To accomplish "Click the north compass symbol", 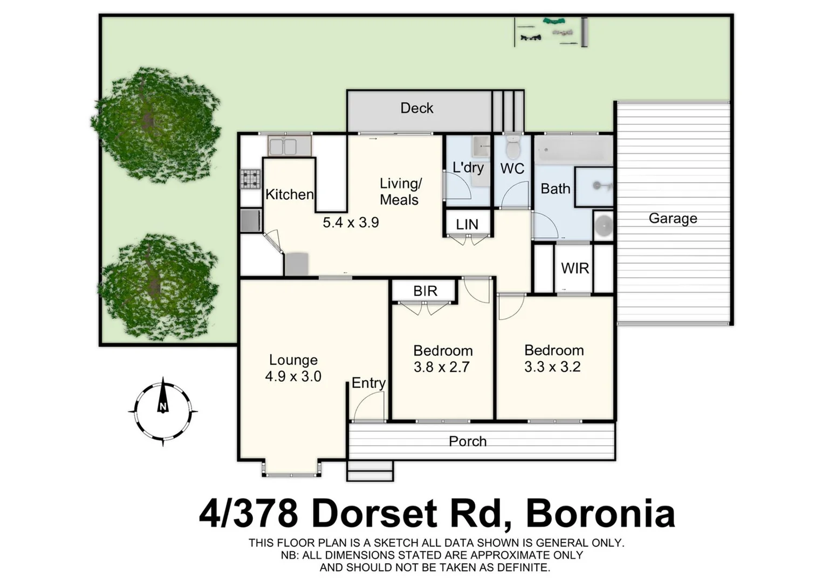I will click(x=162, y=412).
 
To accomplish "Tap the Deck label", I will click(x=416, y=108).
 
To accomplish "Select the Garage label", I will click(x=673, y=218).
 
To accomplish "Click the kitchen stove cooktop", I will click(x=250, y=179).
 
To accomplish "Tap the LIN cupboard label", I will click(x=467, y=224).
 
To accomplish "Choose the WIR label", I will click(x=574, y=268).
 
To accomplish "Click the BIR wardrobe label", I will click(x=425, y=291).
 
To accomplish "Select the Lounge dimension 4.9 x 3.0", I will click(x=293, y=376).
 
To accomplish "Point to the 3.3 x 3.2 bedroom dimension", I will click(x=552, y=367).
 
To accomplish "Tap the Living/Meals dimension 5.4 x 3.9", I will click(x=351, y=222).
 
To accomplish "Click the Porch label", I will click(x=467, y=441).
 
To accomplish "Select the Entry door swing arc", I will click(x=369, y=406).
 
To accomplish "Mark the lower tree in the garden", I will click(x=160, y=287).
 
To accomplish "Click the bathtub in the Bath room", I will click(x=574, y=149).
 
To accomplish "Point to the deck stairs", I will click(x=508, y=110).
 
